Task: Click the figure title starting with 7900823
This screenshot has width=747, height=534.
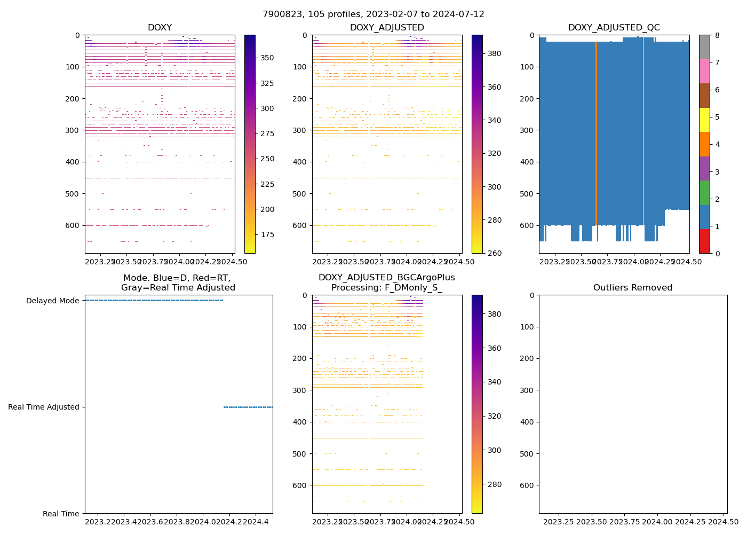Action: point(373,14)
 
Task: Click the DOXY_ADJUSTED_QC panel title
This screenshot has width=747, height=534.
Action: point(614,28)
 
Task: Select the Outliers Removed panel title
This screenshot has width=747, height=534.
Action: point(633,288)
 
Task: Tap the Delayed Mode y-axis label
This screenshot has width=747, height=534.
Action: point(52,301)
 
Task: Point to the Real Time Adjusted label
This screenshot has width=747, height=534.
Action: point(43,407)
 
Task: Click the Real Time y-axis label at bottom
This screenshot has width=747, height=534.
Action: point(61,514)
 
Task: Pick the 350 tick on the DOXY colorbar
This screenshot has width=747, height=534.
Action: point(267,58)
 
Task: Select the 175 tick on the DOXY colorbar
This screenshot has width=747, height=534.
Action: point(267,234)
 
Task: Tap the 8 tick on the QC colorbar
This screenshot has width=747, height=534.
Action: point(718,35)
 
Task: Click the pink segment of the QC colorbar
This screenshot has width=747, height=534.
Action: point(704,71)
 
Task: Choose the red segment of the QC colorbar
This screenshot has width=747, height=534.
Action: point(704,241)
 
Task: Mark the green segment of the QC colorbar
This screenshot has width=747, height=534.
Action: point(704,193)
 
